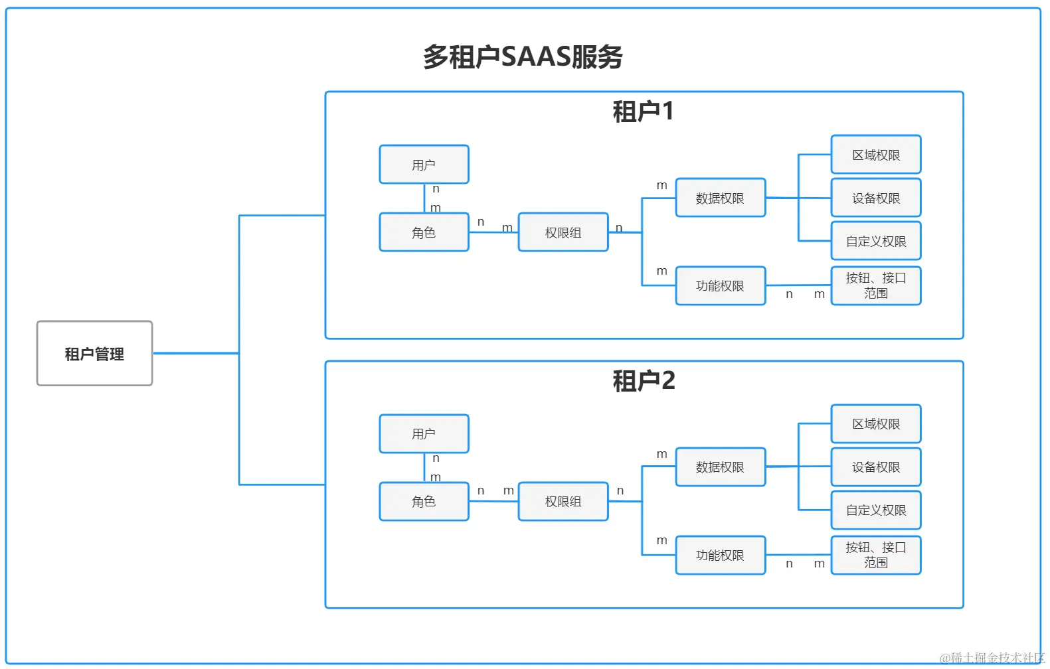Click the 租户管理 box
tap(94, 354)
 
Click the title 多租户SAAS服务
tap(523, 57)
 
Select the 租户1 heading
tap(643, 111)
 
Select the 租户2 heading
tap(643, 381)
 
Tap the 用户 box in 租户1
tap(424, 165)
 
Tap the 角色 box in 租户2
tap(424, 502)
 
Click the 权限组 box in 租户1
tap(563, 232)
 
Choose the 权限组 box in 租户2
tap(563, 502)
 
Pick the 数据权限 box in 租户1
tap(720, 198)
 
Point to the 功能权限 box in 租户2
tap(720, 555)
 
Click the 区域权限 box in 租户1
tap(875, 155)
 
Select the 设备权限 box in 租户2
tap(875, 467)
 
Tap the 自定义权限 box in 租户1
tap(875, 241)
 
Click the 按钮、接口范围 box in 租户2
tap(875, 555)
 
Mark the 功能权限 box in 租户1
tap(720, 286)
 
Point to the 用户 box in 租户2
tap(424, 434)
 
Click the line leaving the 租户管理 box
tap(196, 353)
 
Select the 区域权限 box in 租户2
tap(875, 424)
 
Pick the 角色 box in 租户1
tap(424, 232)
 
